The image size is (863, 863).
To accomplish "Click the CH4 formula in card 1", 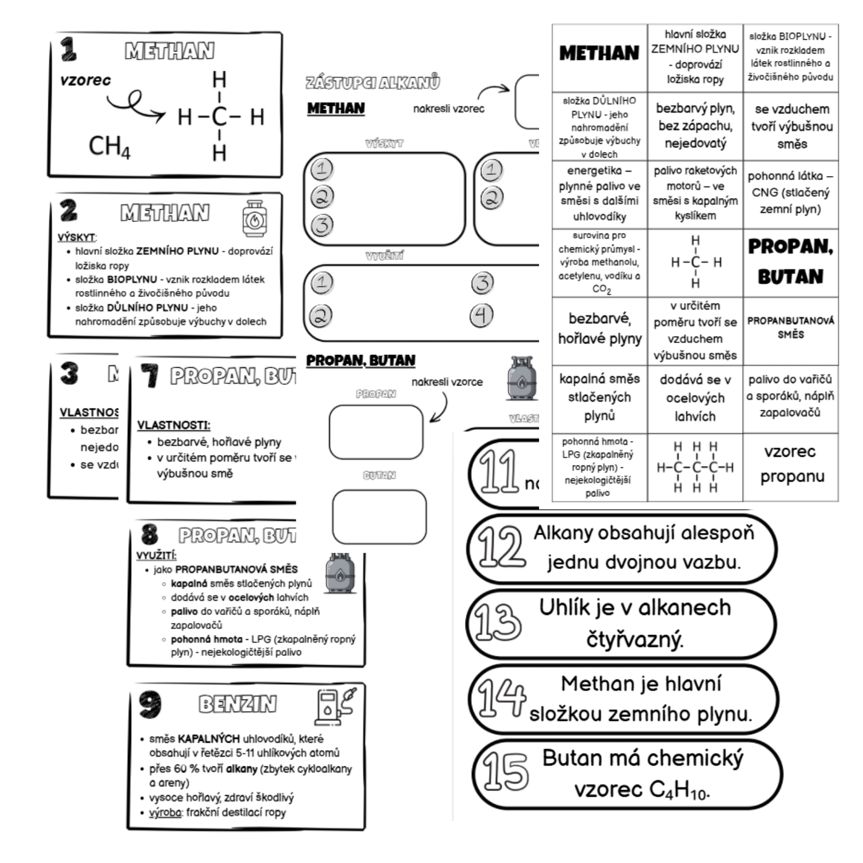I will pos(109,146).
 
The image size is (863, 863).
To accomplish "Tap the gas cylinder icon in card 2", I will pos(254,219).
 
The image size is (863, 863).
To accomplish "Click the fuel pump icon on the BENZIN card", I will pos(335,705).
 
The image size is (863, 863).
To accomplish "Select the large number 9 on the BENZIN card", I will pos(150,704).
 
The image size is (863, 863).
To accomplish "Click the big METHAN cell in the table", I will pos(599,54).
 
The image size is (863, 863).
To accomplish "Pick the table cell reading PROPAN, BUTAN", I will pos(791,262).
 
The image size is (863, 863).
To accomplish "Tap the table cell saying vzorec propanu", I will pos(791,464).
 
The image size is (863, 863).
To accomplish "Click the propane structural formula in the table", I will pos(695,467).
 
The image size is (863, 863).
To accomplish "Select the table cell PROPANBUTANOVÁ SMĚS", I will pos(791,327).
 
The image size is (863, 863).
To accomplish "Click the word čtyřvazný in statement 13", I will pos(634,639).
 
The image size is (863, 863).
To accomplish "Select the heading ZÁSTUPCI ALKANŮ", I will pos(373,82).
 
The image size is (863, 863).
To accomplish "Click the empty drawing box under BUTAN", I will pos(379,517).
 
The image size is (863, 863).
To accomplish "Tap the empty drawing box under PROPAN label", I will pos(376,431).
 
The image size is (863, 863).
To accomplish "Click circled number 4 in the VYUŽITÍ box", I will pos(482,315).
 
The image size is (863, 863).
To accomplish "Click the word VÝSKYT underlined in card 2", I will pos(77,237).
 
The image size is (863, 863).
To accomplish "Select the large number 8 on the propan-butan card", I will pos(150,534).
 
